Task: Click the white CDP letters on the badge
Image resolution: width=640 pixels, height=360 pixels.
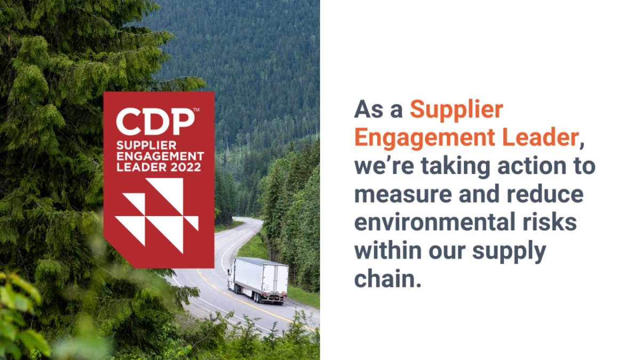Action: coord(155,121)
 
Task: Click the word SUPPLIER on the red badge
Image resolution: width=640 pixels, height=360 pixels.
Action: coord(142,146)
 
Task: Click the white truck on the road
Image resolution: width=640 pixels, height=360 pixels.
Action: coord(259,280)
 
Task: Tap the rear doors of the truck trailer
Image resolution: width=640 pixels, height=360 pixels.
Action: coord(275,283)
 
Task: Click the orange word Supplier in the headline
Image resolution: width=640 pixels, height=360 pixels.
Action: coord(456,110)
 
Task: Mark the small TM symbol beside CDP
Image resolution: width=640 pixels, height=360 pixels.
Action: coord(196,110)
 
